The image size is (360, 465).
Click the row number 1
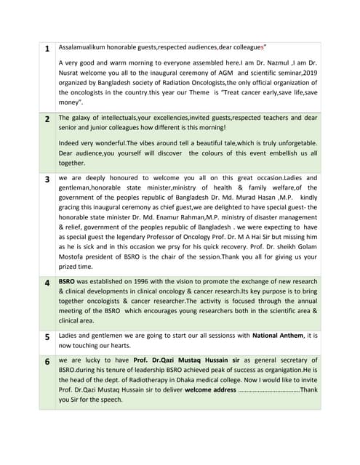coord(47,49)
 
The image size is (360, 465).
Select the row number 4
coord(47,282)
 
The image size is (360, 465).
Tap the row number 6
coord(47,361)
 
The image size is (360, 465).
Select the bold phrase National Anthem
coord(278,336)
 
